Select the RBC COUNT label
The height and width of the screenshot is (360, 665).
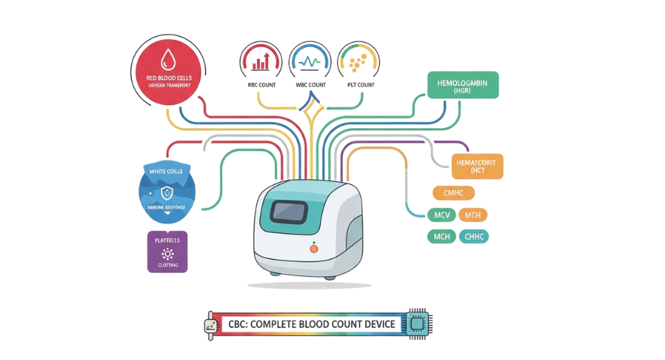click(261, 85)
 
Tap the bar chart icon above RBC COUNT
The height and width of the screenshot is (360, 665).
click(261, 62)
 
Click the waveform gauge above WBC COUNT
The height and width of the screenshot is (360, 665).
click(309, 62)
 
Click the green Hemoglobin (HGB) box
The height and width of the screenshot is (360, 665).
click(463, 87)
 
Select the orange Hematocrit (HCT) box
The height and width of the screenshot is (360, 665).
click(477, 165)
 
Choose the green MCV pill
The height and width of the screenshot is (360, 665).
click(441, 215)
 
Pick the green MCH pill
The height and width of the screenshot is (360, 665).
click(441, 237)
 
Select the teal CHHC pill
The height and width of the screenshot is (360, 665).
click(474, 237)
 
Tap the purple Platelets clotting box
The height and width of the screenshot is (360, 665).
click(167, 251)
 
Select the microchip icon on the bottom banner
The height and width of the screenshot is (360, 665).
click(418, 323)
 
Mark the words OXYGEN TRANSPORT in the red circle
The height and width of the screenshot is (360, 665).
click(169, 85)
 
